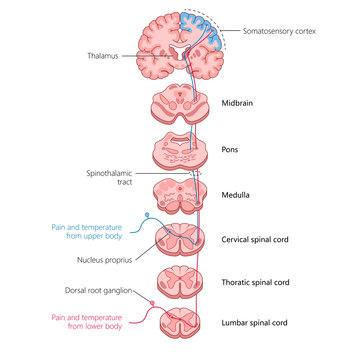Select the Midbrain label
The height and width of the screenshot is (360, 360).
[x=237, y=102]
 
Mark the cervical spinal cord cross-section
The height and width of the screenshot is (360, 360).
[x=181, y=240]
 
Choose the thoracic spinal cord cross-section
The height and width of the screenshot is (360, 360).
[x=181, y=283]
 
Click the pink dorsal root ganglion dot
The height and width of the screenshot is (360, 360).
[x=152, y=302]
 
